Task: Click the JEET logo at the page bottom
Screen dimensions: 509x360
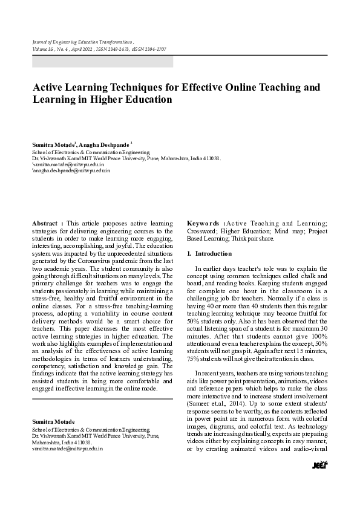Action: (x=319, y=464)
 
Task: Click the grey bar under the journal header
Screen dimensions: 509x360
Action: (x=102, y=61)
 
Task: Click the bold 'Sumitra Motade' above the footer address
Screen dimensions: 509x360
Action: (x=53, y=421)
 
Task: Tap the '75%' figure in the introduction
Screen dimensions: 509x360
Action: (x=194, y=359)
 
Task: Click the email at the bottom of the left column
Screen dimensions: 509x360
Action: (x=67, y=449)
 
